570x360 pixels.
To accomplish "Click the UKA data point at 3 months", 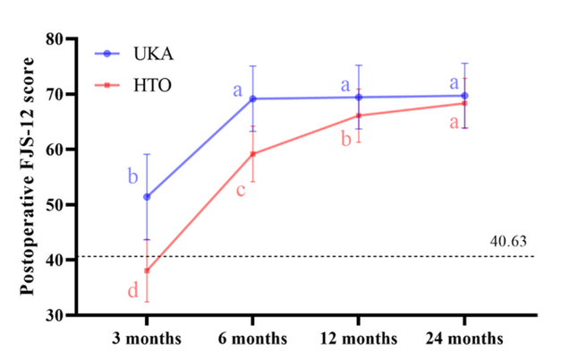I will pos(147,197).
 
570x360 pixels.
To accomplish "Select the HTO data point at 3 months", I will pos(147,270).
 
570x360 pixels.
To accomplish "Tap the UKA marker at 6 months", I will pos(252,99).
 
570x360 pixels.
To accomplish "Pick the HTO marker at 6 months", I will pos(252,154).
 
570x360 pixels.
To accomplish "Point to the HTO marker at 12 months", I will pos(358,116).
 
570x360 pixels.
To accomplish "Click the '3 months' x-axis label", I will pos(147,339).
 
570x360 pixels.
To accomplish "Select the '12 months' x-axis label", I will pos(358,339).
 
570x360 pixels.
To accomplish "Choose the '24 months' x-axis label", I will pos(464,339).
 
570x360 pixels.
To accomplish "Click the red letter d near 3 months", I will pos(132,290).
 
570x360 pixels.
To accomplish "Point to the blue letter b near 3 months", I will pos(132,176).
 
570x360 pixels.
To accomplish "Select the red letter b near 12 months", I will pos(345,139).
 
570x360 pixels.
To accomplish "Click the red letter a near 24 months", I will pos(453,123).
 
